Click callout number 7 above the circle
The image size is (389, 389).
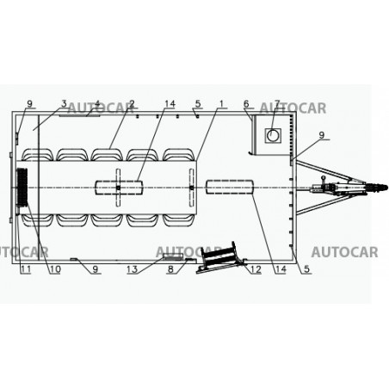coord(277,103)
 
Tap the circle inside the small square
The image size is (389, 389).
coord(273,135)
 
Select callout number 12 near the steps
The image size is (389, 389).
coord(256,269)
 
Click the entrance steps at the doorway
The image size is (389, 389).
coord(219,258)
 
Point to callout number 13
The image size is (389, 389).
coord(133,269)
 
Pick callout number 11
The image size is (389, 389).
coord(25,269)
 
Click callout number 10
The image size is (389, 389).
coord(55,269)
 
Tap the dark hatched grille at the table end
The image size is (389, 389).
coord(22,187)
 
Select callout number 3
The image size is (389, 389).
coord(64,103)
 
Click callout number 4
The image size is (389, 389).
coord(97,103)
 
